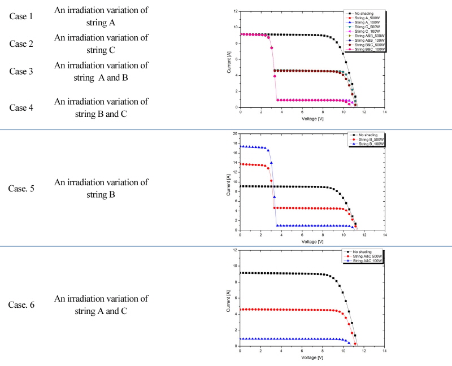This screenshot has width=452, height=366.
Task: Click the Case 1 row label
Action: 21,16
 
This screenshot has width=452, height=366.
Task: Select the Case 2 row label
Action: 21,44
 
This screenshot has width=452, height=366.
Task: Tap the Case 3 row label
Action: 21,72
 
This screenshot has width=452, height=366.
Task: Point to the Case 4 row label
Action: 21,107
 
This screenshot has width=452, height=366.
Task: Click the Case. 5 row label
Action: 21,189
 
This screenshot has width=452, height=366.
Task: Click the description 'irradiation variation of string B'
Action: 101,189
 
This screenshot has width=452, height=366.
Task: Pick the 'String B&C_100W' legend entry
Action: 370,50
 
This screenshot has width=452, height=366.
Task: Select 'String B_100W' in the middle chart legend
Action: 368,144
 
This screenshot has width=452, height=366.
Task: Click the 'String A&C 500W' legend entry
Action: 370,256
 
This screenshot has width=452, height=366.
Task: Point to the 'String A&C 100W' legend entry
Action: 370,261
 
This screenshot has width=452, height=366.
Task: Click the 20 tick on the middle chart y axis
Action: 236,134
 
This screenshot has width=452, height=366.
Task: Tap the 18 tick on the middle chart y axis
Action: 236,143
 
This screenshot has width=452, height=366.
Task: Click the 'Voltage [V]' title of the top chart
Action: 312,119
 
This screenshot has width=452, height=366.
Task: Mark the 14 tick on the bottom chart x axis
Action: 385,352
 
